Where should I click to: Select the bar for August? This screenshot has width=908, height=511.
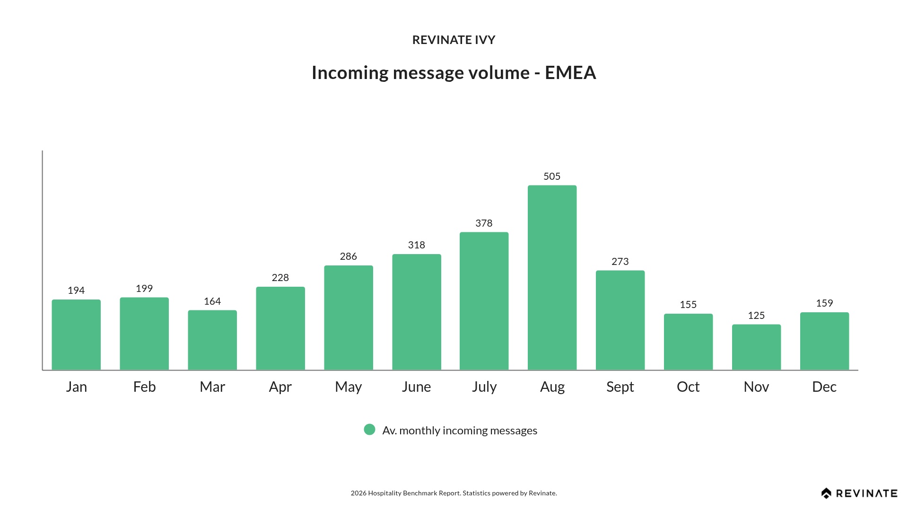(x=552, y=277)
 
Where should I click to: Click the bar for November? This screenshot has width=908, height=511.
(x=756, y=347)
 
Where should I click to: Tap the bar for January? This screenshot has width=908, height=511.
(x=76, y=335)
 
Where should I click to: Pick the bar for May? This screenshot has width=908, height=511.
(x=349, y=317)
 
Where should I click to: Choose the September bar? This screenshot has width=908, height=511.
(x=620, y=320)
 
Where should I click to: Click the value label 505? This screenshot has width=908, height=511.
(x=552, y=176)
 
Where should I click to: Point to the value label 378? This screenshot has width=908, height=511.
(x=484, y=223)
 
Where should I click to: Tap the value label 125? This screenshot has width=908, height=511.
(x=756, y=316)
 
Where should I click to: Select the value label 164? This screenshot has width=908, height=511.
(x=212, y=301)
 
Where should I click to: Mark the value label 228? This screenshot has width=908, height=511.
(x=280, y=278)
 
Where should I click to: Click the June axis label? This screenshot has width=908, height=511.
(x=416, y=387)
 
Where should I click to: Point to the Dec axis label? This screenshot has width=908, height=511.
(x=824, y=387)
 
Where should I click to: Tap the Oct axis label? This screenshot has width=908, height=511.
(x=688, y=387)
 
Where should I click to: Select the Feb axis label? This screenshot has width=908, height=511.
(x=144, y=387)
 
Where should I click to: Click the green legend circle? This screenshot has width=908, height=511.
(x=369, y=430)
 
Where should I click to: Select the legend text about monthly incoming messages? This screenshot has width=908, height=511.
(x=460, y=431)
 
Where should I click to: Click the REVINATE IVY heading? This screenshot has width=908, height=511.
(x=454, y=40)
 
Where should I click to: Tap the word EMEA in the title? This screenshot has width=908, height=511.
(x=570, y=73)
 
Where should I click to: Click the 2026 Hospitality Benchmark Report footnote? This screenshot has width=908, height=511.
(x=454, y=493)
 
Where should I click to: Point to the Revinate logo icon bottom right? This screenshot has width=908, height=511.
(x=826, y=493)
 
